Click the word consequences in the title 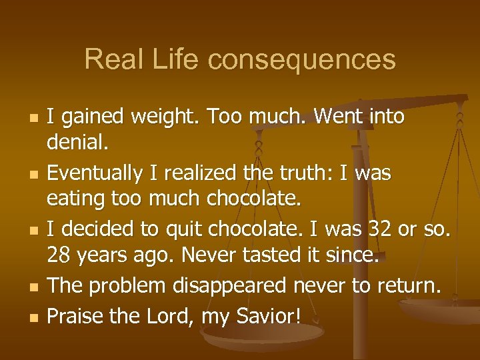click(x=301, y=59)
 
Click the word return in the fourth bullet click(x=405, y=285)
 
